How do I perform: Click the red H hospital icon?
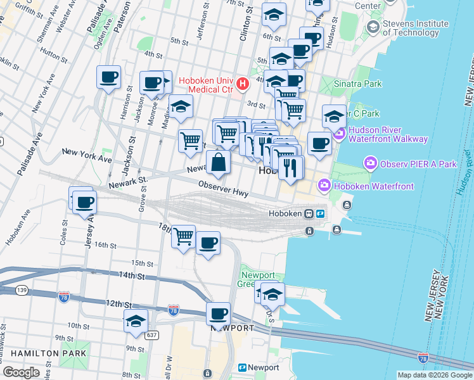[x=241, y=84]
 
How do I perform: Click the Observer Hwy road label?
[x=222, y=189]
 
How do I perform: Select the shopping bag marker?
[x=218, y=162]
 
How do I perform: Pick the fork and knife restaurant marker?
[x=291, y=168]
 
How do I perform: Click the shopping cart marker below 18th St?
[x=183, y=237]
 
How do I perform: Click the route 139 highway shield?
[x=5, y=289]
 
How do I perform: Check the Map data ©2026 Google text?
[x=434, y=374]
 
